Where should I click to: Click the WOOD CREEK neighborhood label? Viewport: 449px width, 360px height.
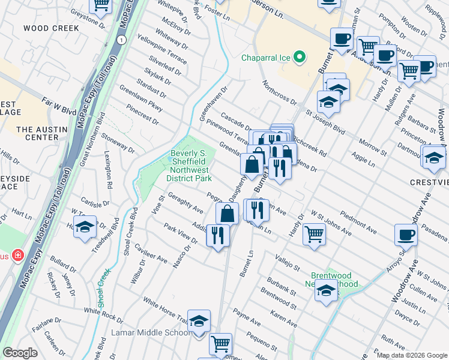pos(51,28)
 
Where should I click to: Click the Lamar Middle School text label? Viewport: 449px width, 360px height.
pos(151,332)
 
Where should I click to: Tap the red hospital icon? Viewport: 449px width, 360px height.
pos(18,256)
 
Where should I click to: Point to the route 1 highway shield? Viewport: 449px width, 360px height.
pos(122,40)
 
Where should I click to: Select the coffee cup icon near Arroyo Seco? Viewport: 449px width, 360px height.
pos(406,233)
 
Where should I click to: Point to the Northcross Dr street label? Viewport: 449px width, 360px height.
pos(280,93)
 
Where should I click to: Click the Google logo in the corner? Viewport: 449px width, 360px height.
pos(20,353)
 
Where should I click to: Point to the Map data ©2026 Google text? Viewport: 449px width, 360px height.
pos(411,355)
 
